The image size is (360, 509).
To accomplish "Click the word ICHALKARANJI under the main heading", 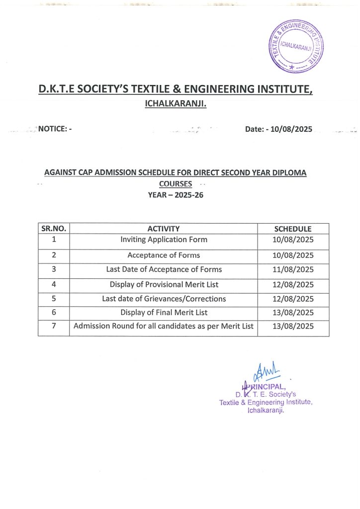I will click(x=175, y=104).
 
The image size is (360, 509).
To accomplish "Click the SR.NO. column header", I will click(x=54, y=229).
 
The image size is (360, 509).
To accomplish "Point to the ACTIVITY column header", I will click(x=164, y=229).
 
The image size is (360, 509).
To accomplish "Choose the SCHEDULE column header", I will click(x=293, y=229).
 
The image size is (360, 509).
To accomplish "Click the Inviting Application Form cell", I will click(x=164, y=240).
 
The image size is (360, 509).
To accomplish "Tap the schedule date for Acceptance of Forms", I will click(x=293, y=255).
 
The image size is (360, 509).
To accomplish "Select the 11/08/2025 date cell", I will click(x=293, y=270).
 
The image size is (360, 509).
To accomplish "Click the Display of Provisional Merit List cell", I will click(x=164, y=285).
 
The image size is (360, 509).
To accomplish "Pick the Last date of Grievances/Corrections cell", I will click(x=164, y=299).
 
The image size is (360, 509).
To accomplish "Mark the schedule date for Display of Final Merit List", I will click(x=293, y=313).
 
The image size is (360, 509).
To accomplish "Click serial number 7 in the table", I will click(x=53, y=327).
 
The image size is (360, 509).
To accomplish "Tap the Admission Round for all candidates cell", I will click(x=164, y=327).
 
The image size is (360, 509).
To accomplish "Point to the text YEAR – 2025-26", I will click(x=176, y=195).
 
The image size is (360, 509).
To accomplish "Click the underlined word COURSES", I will click(x=176, y=184).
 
